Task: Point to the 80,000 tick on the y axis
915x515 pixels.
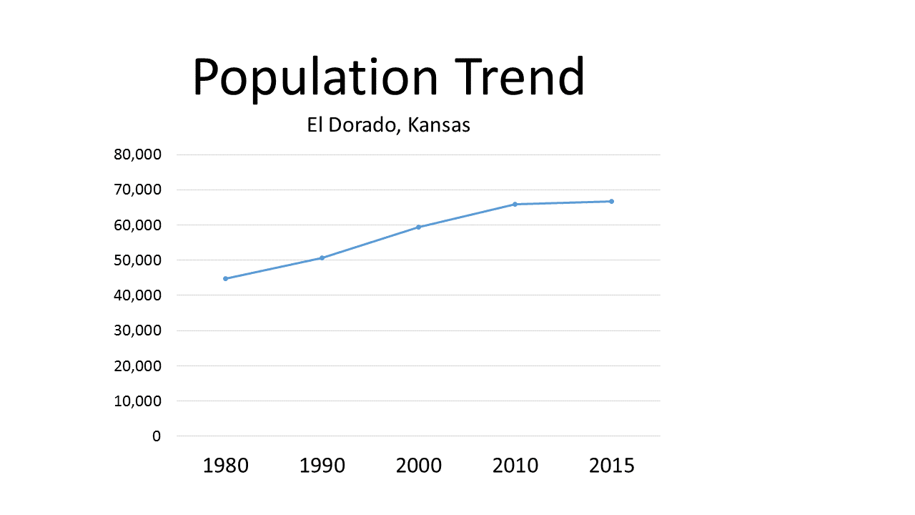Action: tap(138, 154)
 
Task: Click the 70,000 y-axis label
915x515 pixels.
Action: tap(138, 190)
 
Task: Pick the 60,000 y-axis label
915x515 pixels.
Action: tap(138, 225)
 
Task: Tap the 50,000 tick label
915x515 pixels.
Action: tap(138, 260)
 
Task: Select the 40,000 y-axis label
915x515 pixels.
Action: tap(138, 295)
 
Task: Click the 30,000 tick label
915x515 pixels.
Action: tap(138, 330)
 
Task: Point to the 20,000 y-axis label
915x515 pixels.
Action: tap(138, 366)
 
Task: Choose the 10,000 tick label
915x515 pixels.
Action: tap(138, 401)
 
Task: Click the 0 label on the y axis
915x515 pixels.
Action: tap(157, 436)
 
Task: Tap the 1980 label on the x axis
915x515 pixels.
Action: tap(226, 466)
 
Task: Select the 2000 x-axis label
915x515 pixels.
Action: tap(419, 466)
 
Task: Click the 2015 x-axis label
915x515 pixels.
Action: tap(611, 466)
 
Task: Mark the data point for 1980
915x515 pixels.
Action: tap(225, 278)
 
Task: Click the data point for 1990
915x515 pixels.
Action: tap(322, 257)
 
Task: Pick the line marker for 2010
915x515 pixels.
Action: tap(515, 204)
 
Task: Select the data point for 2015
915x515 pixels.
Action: tap(611, 201)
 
